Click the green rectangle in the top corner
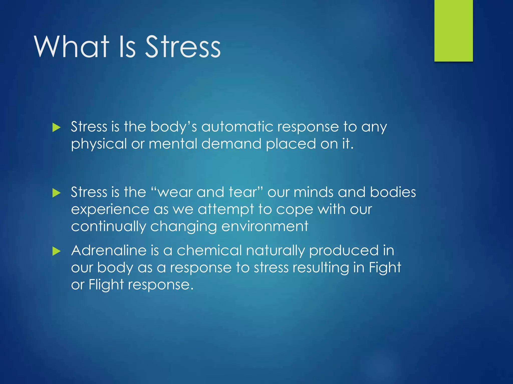tap(453, 30)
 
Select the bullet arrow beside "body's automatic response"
tap(57, 127)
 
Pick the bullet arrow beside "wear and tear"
tap(57, 193)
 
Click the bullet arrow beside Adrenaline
tap(57, 251)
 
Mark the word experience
tap(110, 209)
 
